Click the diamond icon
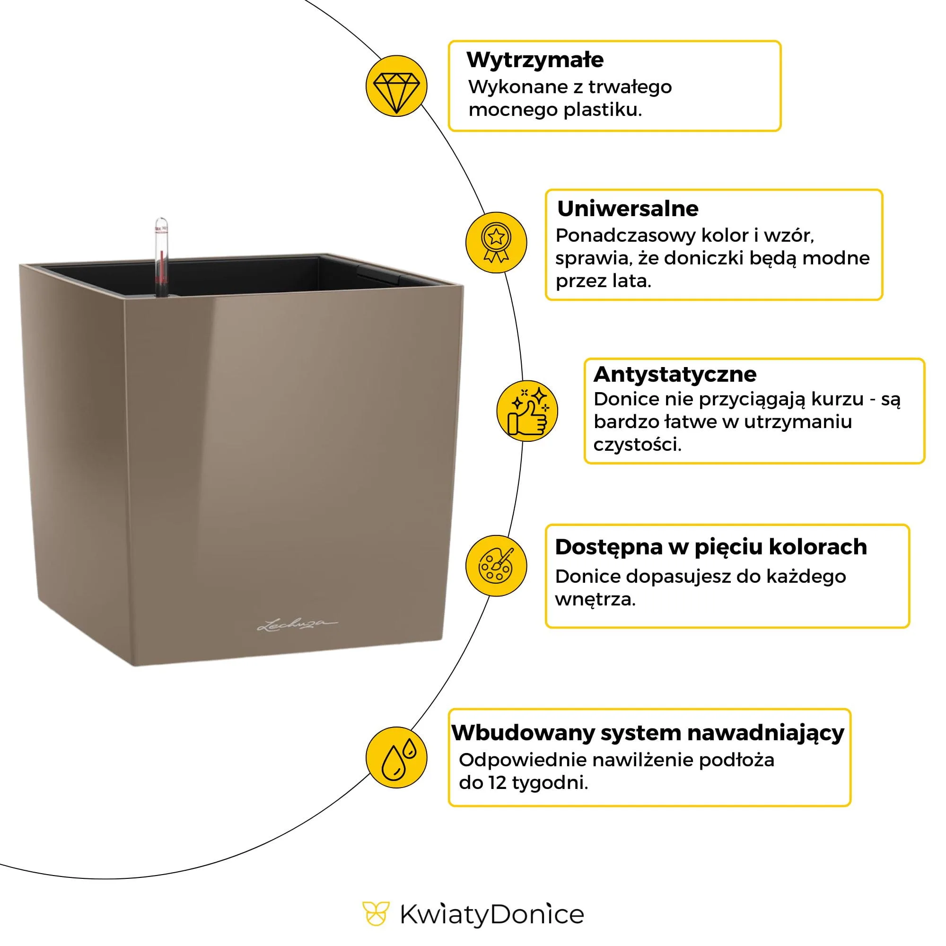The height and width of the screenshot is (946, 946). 396,86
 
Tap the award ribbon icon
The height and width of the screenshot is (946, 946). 496,242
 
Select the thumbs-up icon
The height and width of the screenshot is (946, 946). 527,411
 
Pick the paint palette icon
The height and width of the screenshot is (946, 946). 496,566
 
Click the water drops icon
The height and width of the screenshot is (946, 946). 396,757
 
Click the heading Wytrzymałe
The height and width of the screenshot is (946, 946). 534,60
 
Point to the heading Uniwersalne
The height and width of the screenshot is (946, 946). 627,209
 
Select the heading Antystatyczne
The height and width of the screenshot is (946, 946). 675,374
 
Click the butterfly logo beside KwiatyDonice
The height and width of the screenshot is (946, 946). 376,914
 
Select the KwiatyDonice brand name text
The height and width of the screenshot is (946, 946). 491,915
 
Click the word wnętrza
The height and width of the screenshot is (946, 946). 595,599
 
